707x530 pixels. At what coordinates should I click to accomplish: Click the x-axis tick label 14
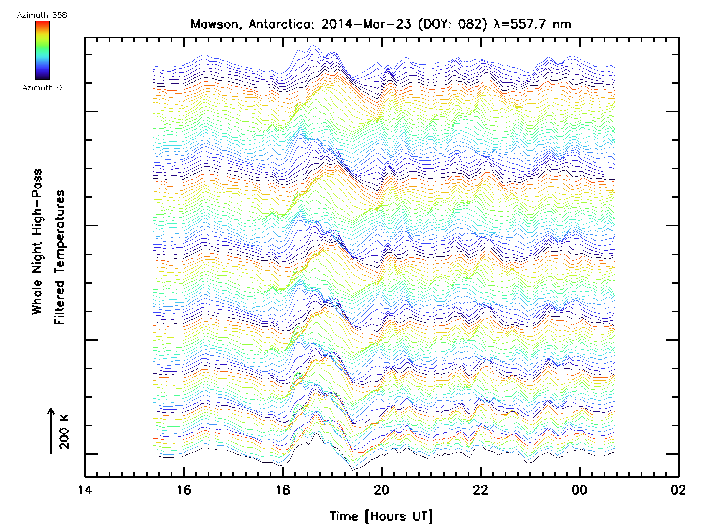[x=85, y=490]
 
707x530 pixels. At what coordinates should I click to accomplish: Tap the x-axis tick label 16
[x=184, y=490]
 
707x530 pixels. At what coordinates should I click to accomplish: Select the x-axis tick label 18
[x=283, y=490]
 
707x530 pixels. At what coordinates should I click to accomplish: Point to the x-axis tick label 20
[x=381, y=490]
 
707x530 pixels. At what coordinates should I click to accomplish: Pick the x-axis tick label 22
[x=480, y=490]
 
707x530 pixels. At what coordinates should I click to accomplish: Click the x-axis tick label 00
[x=579, y=490]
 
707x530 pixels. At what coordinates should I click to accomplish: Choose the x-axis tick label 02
[x=678, y=490]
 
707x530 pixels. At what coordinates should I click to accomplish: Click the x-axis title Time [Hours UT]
[x=381, y=516]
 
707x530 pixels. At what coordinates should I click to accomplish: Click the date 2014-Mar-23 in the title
[x=366, y=24]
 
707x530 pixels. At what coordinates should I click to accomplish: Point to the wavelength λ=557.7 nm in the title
[x=533, y=24]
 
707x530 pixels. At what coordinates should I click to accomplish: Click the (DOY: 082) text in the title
[x=453, y=24]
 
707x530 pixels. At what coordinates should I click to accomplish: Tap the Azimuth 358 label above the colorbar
[x=42, y=15]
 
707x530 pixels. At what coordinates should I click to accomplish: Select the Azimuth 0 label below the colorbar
[x=42, y=87]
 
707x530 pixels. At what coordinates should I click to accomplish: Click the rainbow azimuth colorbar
[x=42, y=50]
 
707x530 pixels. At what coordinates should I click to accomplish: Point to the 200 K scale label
[x=64, y=432]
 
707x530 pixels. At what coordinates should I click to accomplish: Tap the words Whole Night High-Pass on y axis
[x=37, y=242]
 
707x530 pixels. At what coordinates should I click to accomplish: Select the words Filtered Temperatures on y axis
[x=60, y=258]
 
